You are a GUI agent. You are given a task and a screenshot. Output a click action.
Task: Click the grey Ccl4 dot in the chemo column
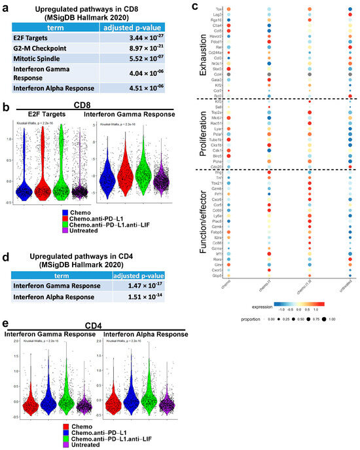pyautogui.click(x=227, y=75)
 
